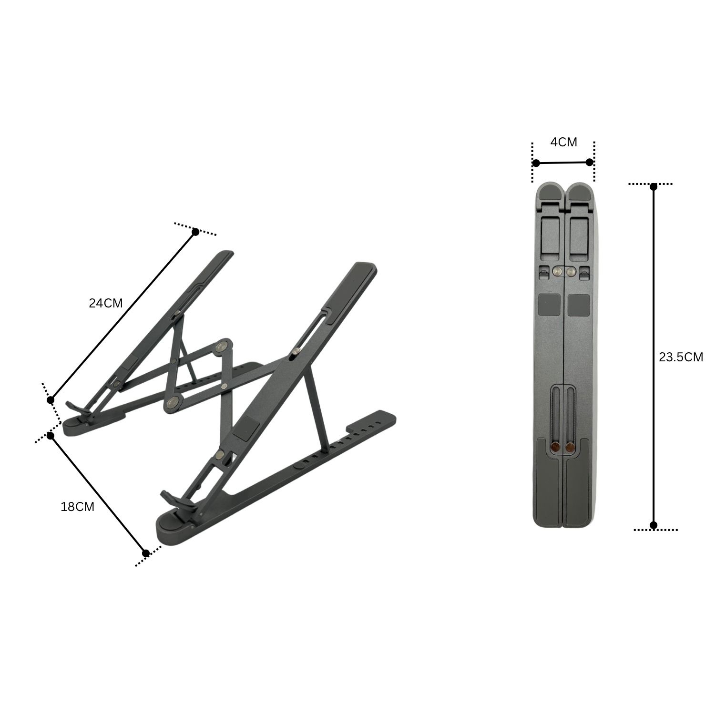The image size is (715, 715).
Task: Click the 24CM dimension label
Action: (106, 303)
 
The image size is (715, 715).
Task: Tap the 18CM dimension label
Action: (78, 507)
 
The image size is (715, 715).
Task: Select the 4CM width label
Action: (564, 142)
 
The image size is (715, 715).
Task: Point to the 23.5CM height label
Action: (681, 357)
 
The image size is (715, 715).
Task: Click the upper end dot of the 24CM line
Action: (195, 232)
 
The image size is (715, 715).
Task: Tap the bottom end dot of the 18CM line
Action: (146, 553)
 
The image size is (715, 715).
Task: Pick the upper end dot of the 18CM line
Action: (50, 435)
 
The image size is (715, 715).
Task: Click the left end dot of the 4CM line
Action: (536, 163)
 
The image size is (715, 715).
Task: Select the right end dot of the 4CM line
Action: (590, 162)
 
